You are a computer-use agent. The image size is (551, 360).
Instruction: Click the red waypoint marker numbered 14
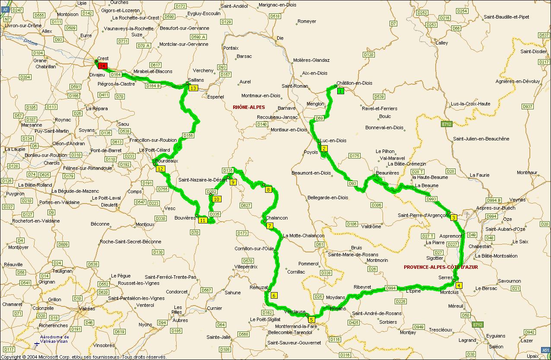[102, 66]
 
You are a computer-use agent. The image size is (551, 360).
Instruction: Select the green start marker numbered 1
[341, 91]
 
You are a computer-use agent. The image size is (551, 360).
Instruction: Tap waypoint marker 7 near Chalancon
[270, 226]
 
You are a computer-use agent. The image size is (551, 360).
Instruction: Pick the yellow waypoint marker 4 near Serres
[459, 285]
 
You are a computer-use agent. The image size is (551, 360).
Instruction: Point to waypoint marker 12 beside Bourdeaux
[161, 169]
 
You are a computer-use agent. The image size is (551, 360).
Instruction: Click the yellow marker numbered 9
[233, 182]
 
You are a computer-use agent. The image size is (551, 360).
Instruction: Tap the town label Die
[280, 38]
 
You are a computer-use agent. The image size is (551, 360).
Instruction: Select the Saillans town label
[196, 80]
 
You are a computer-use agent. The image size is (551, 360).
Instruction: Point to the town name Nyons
[146, 325]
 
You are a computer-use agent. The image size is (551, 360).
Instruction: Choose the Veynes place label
[529, 200]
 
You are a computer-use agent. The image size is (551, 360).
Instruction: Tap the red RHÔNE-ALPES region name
[249, 107]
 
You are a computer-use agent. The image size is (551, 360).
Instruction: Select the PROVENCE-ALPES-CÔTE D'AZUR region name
[441, 267]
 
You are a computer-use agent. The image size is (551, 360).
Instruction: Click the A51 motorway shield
[546, 350]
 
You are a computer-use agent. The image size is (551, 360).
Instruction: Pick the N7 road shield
[7, 19]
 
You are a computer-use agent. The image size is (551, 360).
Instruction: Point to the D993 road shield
[431, 199]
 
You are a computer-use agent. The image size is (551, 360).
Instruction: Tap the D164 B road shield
[153, 86]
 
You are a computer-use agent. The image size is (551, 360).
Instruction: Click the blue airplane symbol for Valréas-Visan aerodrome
[36, 344]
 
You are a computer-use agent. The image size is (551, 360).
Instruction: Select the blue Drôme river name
[31, 42]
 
